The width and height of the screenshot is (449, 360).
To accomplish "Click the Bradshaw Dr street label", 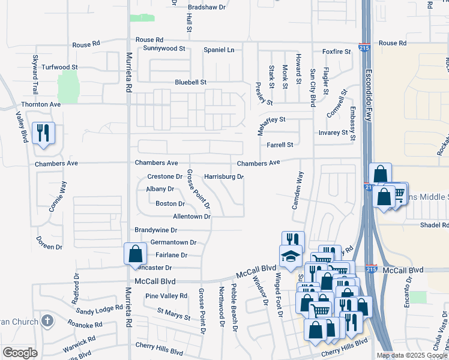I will tap(206, 7).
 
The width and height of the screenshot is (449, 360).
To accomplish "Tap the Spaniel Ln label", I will tap(219, 49).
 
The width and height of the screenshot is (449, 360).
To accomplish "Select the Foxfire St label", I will tap(336, 52).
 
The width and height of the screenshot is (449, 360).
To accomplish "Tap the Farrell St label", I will tap(280, 145).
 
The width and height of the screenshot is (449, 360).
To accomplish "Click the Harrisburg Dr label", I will tap(223, 177).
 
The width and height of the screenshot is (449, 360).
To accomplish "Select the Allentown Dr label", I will tap(192, 216).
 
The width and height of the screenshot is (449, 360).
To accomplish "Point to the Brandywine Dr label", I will tap(156, 230).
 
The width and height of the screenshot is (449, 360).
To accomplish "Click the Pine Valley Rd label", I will tap(166, 296).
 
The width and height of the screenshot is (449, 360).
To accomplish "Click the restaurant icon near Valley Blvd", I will tap(42, 133).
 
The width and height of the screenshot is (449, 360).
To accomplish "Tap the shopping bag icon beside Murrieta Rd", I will tap(135, 253).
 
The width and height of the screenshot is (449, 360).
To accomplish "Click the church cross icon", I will tap(46, 320).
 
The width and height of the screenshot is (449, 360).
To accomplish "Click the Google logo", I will tap(20, 353).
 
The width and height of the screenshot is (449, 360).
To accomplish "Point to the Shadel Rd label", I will tap(435, 225).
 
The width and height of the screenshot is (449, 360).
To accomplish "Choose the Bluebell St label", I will tap(190, 82).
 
